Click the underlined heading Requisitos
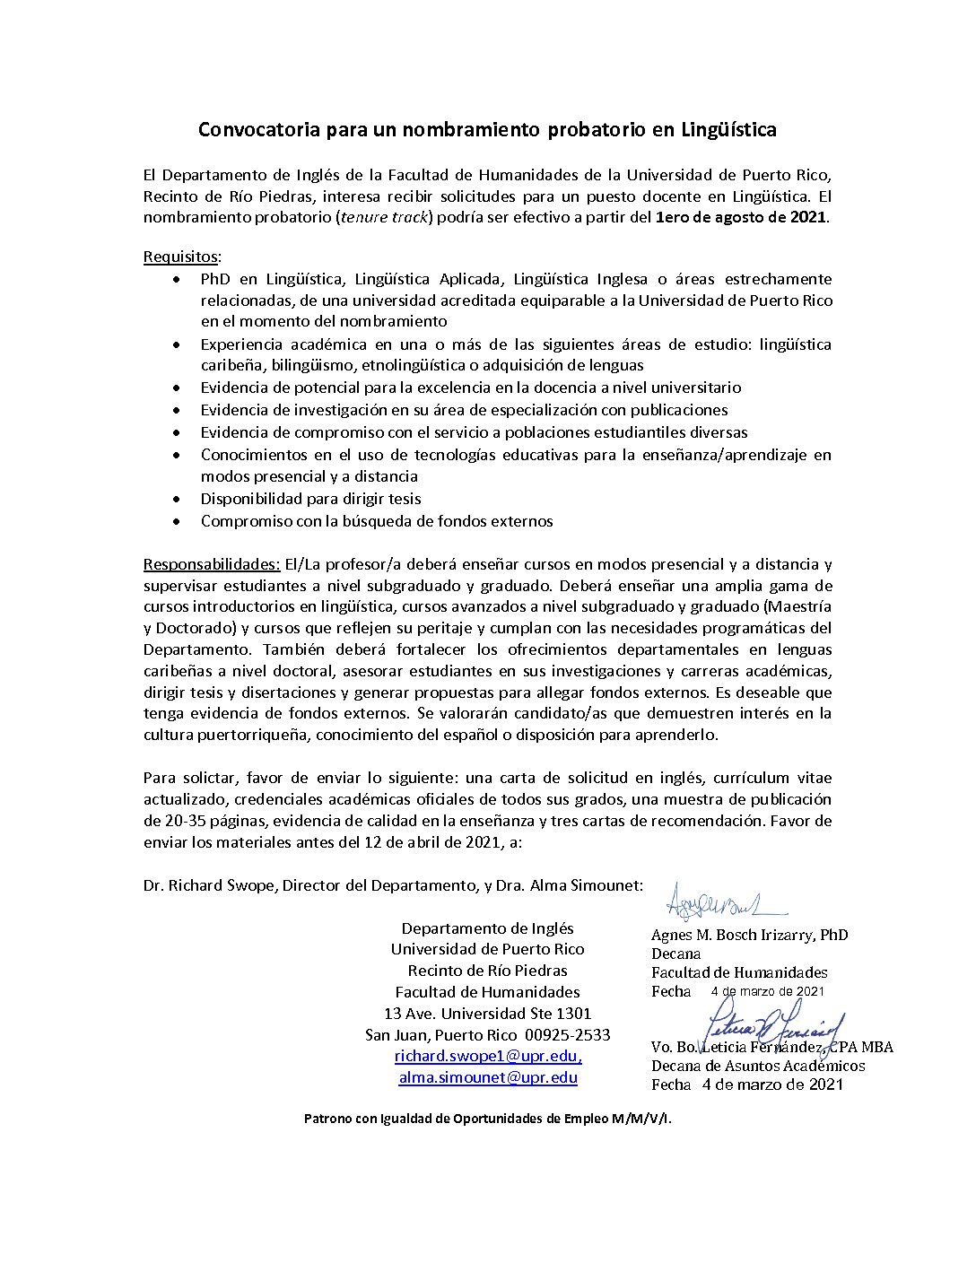coord(180,257)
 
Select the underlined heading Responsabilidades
coord(212,564)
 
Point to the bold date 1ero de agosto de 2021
coord(742,218)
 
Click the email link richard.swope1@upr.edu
coord(487,1057)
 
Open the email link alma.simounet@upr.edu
coord(487,1078)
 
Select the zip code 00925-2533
coord(567,1035)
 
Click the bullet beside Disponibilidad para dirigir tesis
coord(180,500)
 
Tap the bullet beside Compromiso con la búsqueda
coord(180,522)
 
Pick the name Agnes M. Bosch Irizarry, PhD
coord(749,935)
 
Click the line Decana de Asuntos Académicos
coord(758,1066)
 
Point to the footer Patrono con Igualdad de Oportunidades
coord(487,1119)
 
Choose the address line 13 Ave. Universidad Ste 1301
coord(487,1014)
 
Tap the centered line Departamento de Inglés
coord(487,928)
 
